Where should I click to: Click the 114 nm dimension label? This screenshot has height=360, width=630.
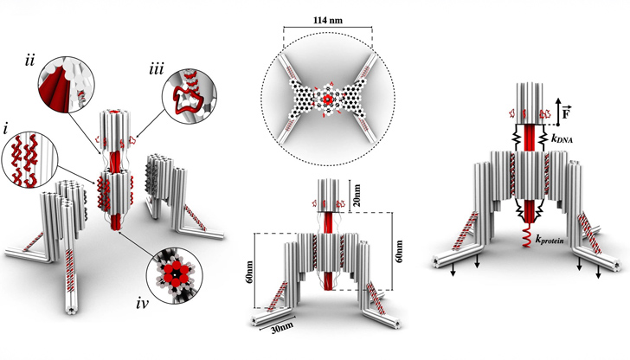(328, 20)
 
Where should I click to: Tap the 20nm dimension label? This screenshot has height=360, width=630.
(357, 195)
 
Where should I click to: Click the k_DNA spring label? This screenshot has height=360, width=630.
(562, 139)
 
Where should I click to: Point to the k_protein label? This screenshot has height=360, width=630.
(550, 240)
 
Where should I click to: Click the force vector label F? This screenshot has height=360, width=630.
(566, 113)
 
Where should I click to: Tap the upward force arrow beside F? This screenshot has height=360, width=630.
(558, 112)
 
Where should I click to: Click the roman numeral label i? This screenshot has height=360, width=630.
(5, 130)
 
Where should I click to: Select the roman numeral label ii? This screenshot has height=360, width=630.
(29, 61)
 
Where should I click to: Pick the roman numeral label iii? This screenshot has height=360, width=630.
(157, 69)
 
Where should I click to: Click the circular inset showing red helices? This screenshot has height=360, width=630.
(29, 159)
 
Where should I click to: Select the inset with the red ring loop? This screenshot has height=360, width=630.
(190, 95)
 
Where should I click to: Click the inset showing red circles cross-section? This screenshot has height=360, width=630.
(175, 275)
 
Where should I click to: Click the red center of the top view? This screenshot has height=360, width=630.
(328, 99)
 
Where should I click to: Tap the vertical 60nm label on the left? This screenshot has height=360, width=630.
(249, 271)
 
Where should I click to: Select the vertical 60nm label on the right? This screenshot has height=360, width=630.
(399, 252)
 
